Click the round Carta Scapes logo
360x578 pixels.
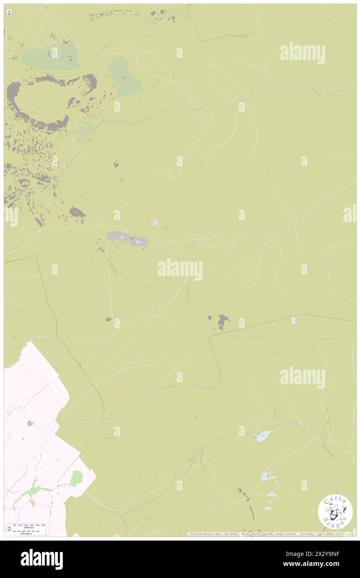335,512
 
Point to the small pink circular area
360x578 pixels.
154,222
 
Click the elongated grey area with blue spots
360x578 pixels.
127,239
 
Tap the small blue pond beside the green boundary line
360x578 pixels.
293,320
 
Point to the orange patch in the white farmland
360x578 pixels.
32,503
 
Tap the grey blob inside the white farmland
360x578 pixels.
30,424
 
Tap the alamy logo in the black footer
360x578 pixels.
42,559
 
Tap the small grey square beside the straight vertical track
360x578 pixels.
108,319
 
